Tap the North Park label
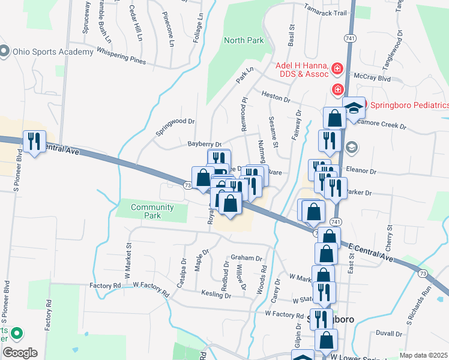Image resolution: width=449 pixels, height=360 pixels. [244, 41]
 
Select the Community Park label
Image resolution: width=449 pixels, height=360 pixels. [152, 211]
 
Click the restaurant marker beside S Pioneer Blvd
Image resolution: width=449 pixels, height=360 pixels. [34, 142]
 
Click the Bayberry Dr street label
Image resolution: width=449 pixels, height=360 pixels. [205, 145]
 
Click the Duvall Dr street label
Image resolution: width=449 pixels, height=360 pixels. [388, 333]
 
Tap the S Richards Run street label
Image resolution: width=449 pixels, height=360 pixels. [418, 312]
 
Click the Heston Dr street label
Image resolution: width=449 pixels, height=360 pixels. [276, 95]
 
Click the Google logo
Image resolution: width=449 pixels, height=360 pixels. [20, 352]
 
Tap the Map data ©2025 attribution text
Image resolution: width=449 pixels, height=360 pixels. [423, 355]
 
